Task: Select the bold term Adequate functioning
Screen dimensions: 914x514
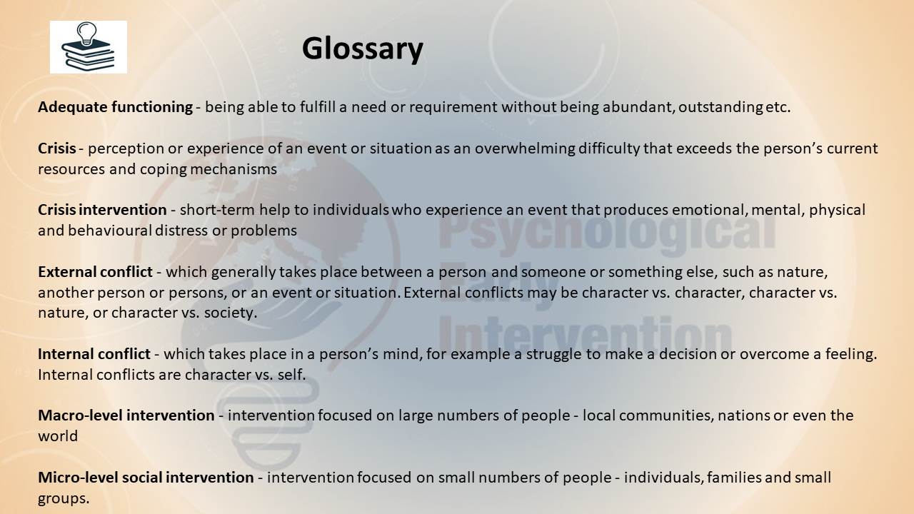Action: pyautogui.click(x=116, y=107)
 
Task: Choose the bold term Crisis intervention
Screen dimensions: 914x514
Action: pyautogui.click(x=102, y=210)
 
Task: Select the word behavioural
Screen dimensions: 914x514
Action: pyautogui.click(x=110, y=231)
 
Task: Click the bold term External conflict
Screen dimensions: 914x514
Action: pyautogui.click(x=95, y=272)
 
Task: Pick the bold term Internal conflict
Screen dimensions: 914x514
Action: pyautogui.click(x=94, y=354)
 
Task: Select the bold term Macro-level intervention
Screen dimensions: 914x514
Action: pyautogui.click(x=126, y=415)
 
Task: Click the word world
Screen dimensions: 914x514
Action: pyautogui.click(x=58, y=436)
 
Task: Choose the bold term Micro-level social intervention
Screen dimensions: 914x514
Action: pyautogui.click(x=146, y=478)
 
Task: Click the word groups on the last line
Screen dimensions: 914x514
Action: pyautogui.click(x=64, y=499)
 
